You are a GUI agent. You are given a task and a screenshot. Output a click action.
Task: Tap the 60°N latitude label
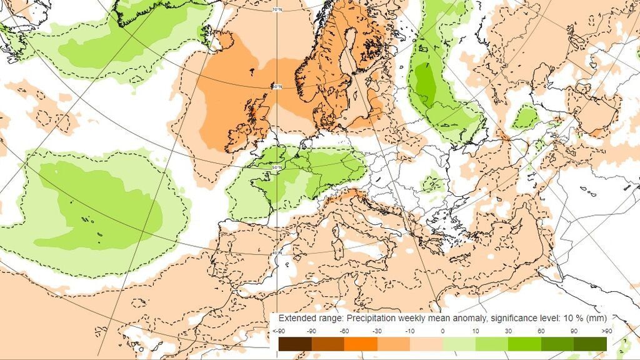point(277,86)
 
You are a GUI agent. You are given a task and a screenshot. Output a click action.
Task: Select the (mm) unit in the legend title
point(597,318)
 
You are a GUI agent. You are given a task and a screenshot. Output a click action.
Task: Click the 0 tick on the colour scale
point(442,331)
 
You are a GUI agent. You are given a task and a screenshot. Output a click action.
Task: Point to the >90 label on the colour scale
point(606,331)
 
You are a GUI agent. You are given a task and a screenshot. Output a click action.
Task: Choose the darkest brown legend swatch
point(295,344)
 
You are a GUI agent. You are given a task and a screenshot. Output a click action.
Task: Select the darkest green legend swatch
point(590,344)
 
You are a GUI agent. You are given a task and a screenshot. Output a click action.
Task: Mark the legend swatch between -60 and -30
point(361,344)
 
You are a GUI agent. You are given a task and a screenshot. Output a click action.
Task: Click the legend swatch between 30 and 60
point(524,344)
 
